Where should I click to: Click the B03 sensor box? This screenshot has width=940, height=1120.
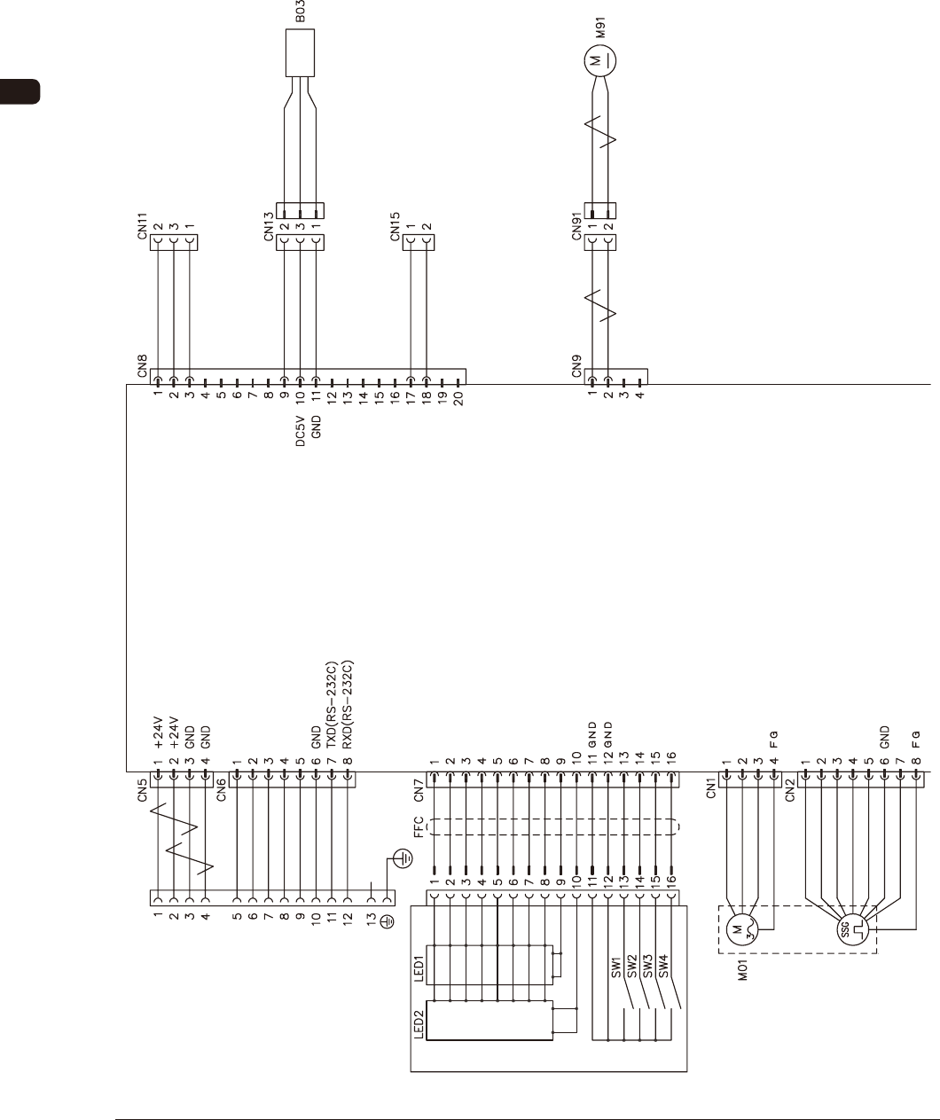(x=300, y=52)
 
